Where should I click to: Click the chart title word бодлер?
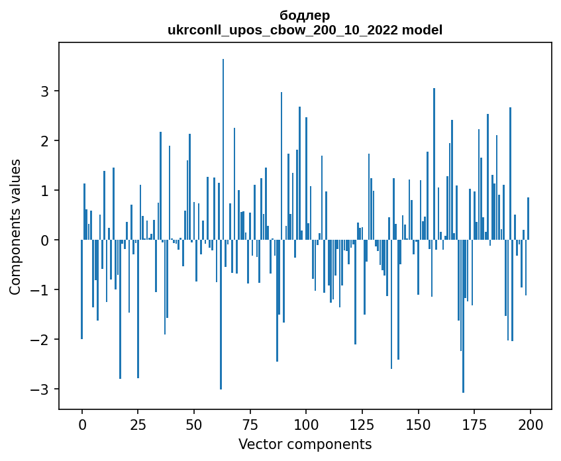coord(305,15)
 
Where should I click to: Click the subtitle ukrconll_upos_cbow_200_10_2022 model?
coord(305,30)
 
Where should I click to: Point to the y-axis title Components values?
coord(15,227)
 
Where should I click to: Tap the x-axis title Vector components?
coord(305,444)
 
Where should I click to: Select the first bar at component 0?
coord(82,289)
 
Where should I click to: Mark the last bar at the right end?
coord(528,219)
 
